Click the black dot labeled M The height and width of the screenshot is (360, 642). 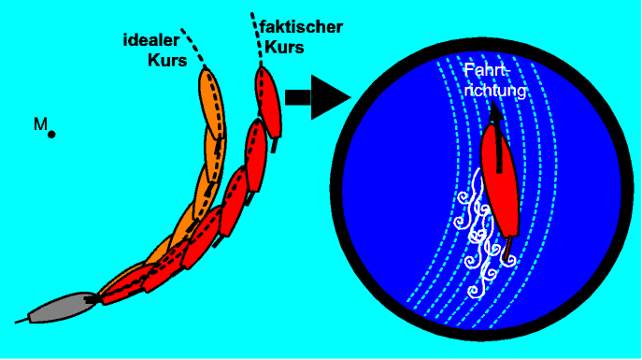pyautogui.click(x=51, y=135)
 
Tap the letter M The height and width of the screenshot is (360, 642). pyautogui.click(x=40, y=123)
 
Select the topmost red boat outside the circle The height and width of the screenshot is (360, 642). pyautogui.click(x=268, y=100)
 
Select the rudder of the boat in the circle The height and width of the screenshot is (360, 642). pyautogui.click(x=507, y=248)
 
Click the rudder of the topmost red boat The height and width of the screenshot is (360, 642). pyautogui.click(x=275, y=145)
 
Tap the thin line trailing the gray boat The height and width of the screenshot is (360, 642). pyautogui.click(x=21, y=321)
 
